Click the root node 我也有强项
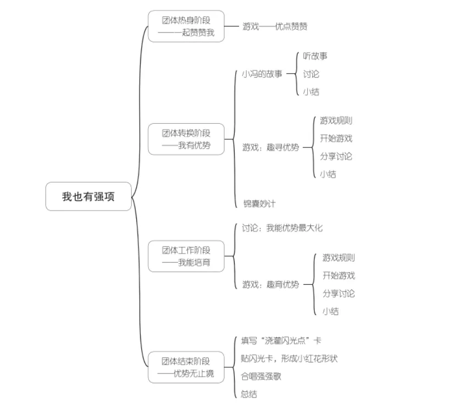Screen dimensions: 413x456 [x=88, y=197]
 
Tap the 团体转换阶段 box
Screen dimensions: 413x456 [x=186, y=139]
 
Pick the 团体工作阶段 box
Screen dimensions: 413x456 [x=186, y=256]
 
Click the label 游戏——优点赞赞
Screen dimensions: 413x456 [x=275, y=26]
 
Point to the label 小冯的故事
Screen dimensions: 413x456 [x=262, y=74]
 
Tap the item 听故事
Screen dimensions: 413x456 [x=315, y=56]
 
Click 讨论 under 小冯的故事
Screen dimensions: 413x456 [x=311, y=74]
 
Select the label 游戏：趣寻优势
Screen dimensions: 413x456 [x=271, y=147]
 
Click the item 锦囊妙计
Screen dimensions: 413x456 [x=259, y=204]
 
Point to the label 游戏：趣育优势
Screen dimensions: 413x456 [x=271, y=285]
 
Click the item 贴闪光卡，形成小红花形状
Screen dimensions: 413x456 [x=289, y=359]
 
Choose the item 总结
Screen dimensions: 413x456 [x=249, y=394]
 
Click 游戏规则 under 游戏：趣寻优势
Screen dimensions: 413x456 [x=336, y=121]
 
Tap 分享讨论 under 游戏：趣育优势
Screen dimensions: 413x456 [x=338, y=294]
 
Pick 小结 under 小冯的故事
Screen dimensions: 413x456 [x=311, y=92]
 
